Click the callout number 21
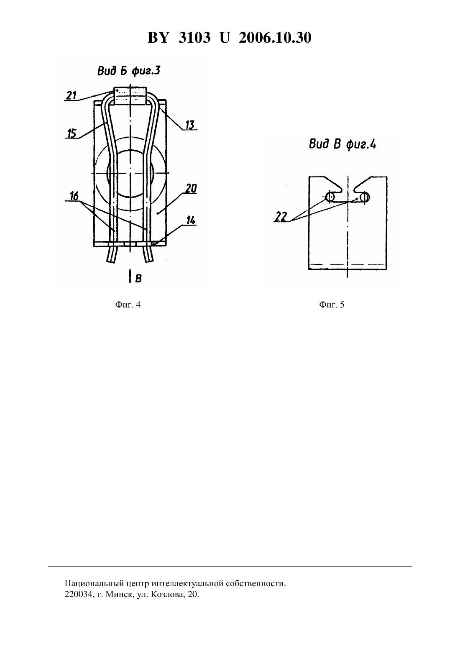[x=71, y=95]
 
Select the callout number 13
[x=190, y=125]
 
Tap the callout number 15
[x=72, y=133]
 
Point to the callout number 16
[x=74, y=196]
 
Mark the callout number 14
[x=191, y=220]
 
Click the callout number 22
[x=281, y=217]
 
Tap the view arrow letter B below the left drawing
[x=138, y=279]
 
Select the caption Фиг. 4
[x=128, y=305]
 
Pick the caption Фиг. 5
[x=332, y=305]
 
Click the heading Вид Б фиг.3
[x=129, y=71]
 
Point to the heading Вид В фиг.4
[x=342, y=144]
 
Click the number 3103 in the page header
[x=194, y=38]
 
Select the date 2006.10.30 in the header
[x=275, y=38]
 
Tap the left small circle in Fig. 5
[x=330, y=197]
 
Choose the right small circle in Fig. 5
[x=365, y=197]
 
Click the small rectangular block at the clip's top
[x=130, y=96]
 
